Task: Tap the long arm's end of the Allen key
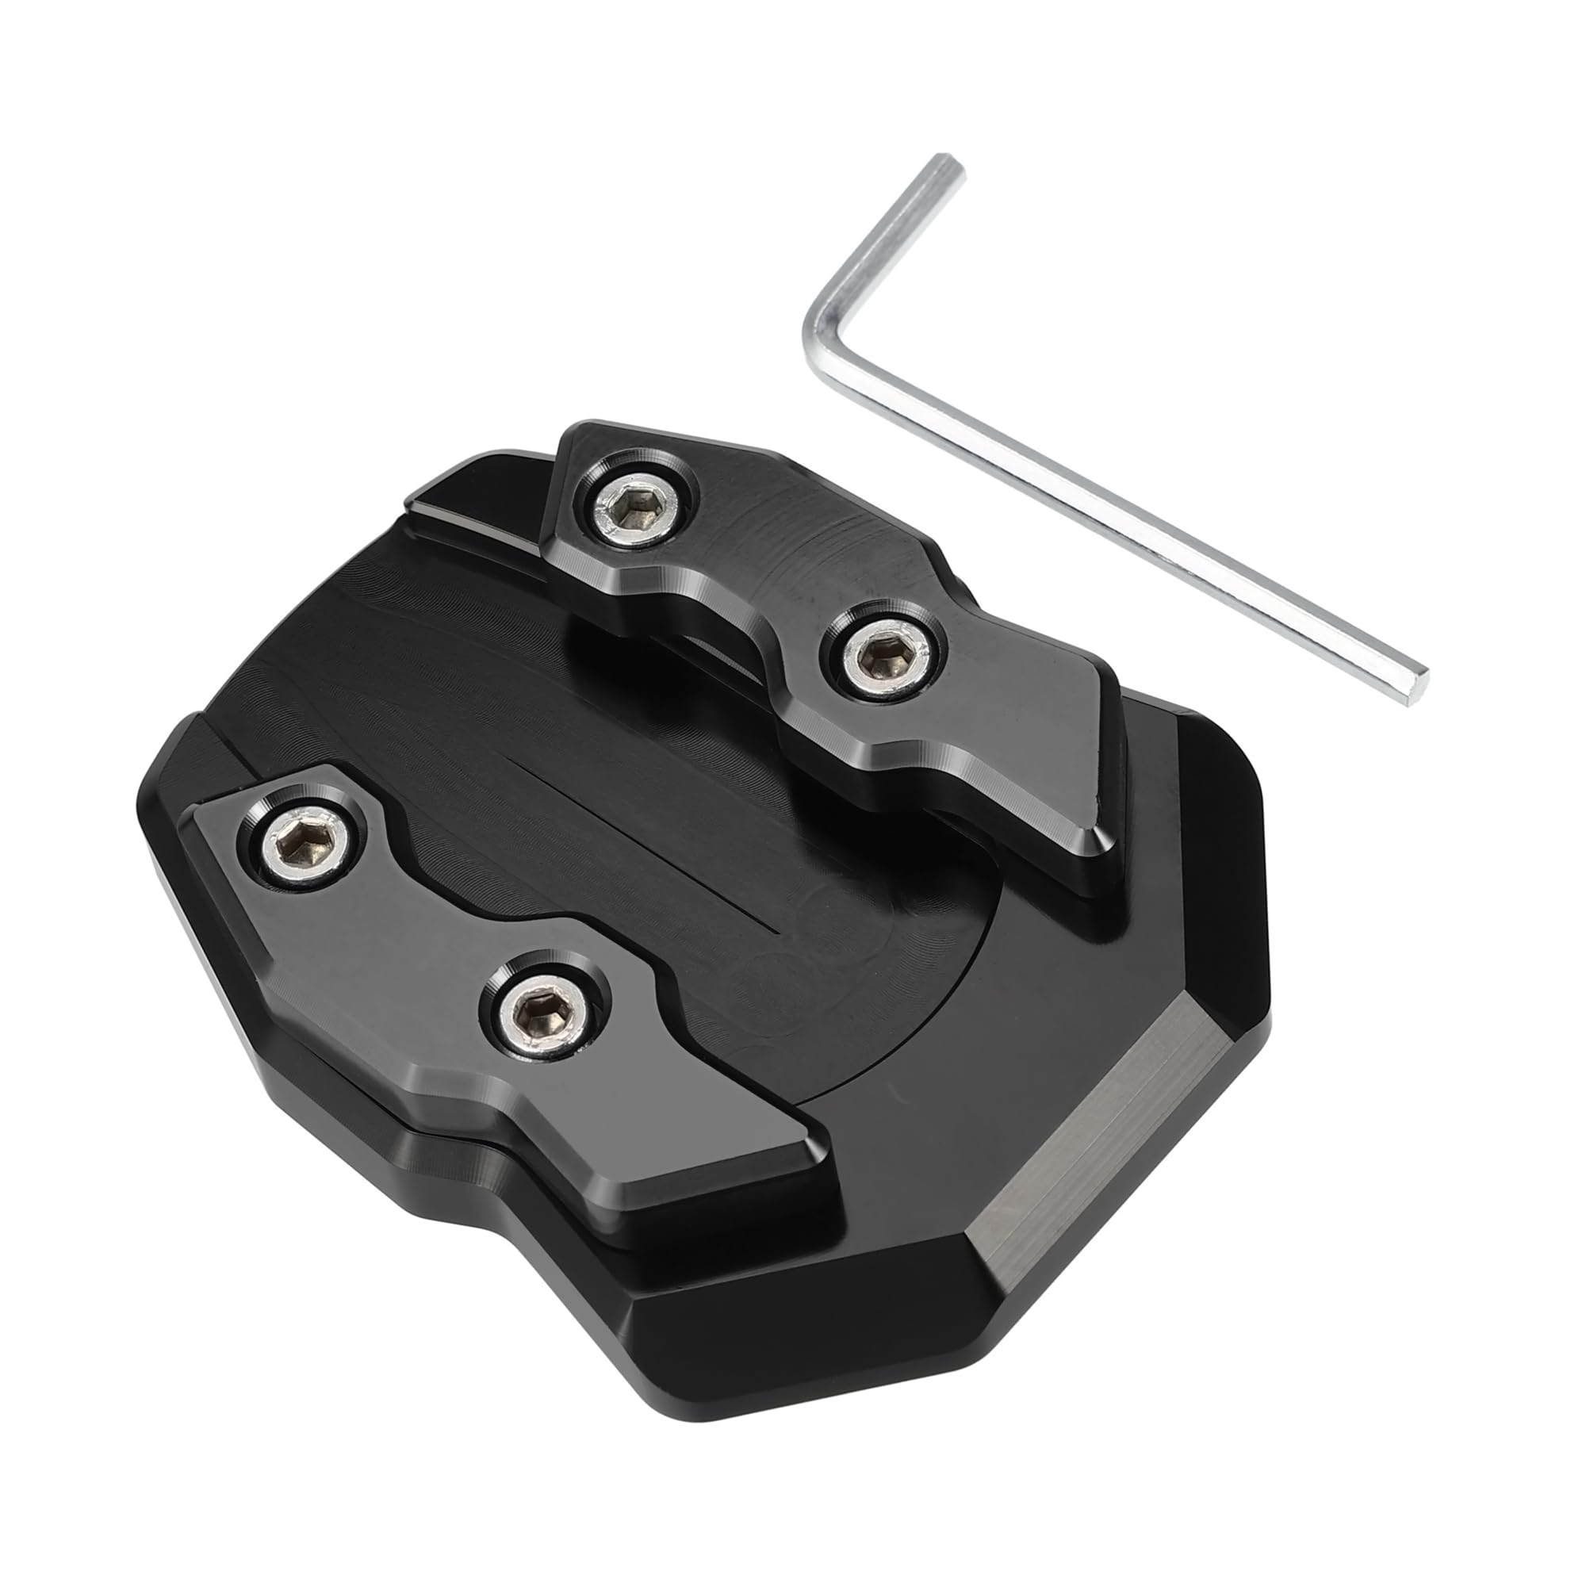click(x=1417, y=686)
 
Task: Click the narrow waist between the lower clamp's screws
click(x=411, y=928)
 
